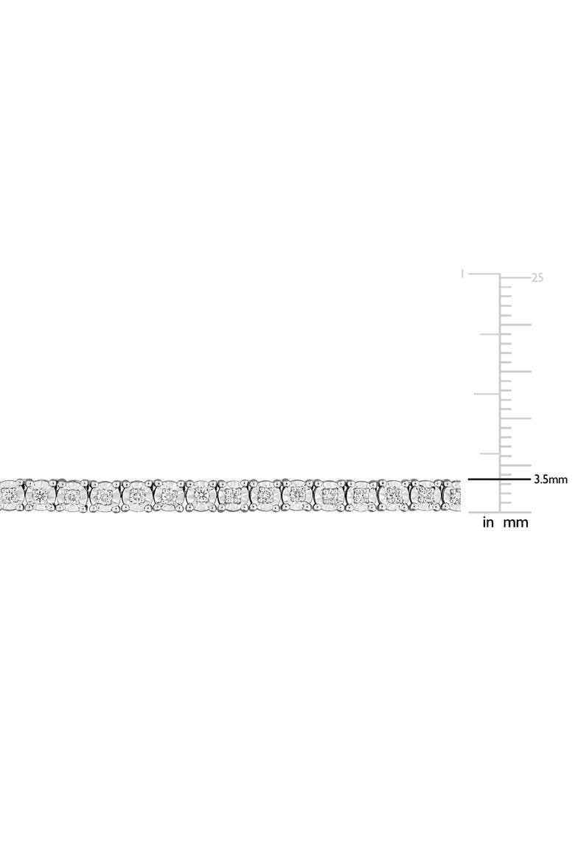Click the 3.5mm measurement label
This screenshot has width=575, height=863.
(x=550, y=479)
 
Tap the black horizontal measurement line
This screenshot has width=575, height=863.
(x=500, y=479)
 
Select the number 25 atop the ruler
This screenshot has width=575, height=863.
(x=537, y=278)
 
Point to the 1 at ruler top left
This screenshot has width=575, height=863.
(x=464, y=274)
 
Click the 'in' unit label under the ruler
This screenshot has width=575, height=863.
(x=489, y=522)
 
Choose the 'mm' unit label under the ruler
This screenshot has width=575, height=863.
(x=516, y=523)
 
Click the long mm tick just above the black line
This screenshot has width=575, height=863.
(x=515, y=465)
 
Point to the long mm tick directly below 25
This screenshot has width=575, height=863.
(x=515, y=325)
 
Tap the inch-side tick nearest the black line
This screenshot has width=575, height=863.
(x=490, y=454)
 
